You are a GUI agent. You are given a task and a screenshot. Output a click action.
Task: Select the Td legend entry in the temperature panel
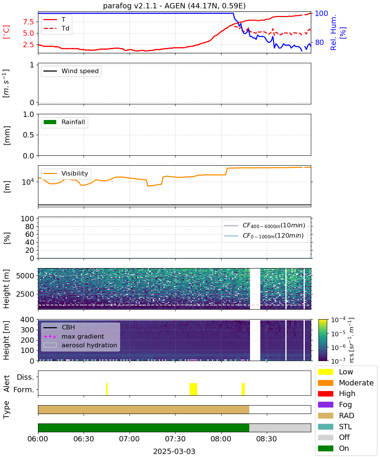[x=56, y=28]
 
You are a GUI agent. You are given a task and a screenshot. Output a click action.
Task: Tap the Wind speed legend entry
[x=71, y=71]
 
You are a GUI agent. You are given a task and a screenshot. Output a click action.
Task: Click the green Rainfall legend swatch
[x=50, y=122]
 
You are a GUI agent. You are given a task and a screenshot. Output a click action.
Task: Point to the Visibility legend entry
[x=65, y=173]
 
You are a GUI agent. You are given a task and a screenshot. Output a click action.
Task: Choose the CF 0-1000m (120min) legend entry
[x=264, y=236]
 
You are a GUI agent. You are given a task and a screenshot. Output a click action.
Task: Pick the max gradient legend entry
[x=74, y=336]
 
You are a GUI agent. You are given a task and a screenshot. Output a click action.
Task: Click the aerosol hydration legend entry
[x=80, y=345]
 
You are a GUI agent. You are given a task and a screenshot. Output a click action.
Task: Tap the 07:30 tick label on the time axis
[x=175, y=439]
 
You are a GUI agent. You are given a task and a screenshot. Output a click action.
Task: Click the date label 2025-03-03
[x=174, y=451]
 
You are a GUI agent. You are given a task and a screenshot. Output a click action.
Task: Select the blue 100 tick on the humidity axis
[x=321, y=13]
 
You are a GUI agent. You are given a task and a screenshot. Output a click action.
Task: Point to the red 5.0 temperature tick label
[x=28, y=33]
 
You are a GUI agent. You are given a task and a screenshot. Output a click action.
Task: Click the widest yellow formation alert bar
[x=193, y=389]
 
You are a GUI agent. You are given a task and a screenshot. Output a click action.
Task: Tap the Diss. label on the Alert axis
[x=25, y=377]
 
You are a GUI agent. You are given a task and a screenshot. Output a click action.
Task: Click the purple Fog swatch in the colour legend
[x=325, y=405]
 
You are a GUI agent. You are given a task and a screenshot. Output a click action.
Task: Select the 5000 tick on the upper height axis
[x=25, y=276]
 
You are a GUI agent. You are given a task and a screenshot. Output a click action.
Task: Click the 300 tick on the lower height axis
[x=27, y=330]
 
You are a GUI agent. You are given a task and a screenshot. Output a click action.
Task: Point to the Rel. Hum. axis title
[x=333, y=32]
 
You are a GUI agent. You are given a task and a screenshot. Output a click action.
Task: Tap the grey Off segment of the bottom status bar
[x=280, y=428]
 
